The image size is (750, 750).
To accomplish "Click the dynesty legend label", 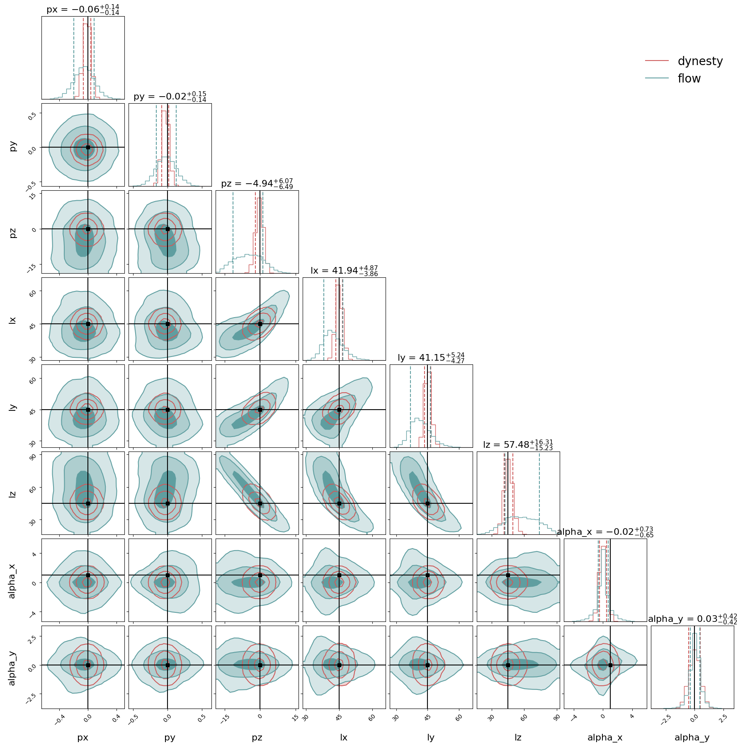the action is tap(700, 61).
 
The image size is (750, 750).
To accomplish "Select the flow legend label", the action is tap(689, 79).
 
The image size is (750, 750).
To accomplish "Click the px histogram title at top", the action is tap(83, 10).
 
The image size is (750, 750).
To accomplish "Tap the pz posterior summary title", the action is tap(257, 184).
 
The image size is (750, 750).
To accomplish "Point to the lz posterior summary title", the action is tap(518, 445).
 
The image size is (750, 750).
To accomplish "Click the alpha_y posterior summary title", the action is tap(692, 619).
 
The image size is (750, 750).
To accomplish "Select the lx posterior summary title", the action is tap(344, 271).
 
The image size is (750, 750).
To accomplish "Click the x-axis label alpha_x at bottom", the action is tap(605, 738).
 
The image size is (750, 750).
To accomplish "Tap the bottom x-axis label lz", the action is tap(518, 738).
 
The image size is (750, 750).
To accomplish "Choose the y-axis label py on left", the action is tap(13, 146).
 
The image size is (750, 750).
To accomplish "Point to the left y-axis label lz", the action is tap(12, 494).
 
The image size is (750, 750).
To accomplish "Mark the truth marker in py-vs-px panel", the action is tap(88, 147).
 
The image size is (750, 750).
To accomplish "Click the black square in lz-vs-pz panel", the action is tap(260, 503).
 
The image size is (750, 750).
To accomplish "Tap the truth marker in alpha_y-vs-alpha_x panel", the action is tap(610, 665).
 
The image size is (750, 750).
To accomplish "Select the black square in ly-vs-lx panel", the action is tap(339, 410).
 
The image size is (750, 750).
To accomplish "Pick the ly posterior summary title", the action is tap(431, 358).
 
